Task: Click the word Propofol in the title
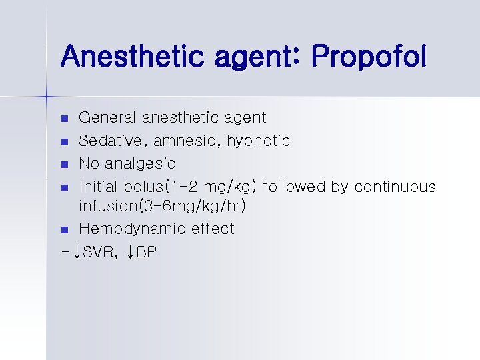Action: pos(368,57)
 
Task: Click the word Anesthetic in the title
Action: pos(130,57)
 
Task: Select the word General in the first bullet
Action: pos(105,118)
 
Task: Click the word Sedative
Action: pos(107,141)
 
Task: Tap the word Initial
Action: pos(99,186)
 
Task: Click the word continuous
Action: pos(395,186)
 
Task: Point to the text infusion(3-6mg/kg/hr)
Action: pos(163,207)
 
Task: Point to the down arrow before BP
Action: pos(130,252)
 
